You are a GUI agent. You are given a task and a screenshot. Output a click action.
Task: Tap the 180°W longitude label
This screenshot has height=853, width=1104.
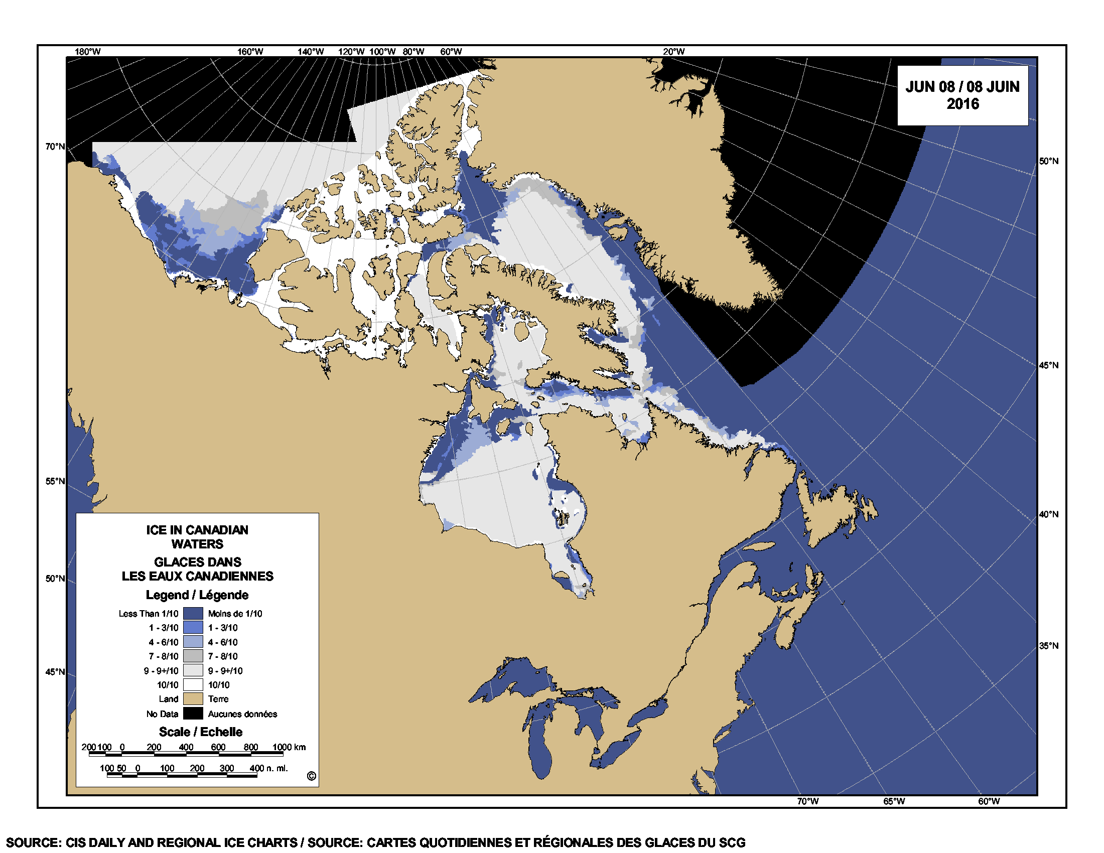coord(87,52)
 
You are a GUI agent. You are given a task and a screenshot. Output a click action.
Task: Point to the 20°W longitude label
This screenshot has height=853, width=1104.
coord(673,52)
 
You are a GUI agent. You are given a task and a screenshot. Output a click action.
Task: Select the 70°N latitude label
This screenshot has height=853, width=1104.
coord(55,147)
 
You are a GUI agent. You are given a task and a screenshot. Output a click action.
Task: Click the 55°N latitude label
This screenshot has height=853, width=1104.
coord(55,481)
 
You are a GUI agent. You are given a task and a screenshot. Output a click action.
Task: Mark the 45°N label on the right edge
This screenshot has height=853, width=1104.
coord(1048,365)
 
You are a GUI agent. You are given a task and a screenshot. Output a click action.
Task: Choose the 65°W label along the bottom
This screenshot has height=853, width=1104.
coord(894,801)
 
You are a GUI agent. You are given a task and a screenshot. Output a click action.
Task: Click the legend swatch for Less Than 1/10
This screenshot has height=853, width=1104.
coord(193,614)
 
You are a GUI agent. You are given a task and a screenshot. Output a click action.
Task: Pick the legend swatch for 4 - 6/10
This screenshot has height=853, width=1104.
coord(193,642)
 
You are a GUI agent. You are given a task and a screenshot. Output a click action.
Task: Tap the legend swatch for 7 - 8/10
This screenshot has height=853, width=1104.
coord(193,656)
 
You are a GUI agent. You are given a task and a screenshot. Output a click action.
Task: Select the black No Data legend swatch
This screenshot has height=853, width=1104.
coord(193,714)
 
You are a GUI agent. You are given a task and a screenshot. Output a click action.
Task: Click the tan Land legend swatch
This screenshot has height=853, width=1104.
coord(193,699)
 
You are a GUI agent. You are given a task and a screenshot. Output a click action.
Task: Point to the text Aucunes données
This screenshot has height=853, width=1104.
coord(242,714)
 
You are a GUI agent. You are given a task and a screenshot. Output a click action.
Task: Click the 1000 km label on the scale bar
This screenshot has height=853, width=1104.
coord(289,747)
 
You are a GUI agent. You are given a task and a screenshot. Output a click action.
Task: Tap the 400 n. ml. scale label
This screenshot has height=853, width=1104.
coord(268,768)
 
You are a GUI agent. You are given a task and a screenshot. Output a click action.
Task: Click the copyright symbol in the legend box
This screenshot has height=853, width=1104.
coord(312,776)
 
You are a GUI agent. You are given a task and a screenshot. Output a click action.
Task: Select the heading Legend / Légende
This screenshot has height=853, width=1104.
coord(197,595)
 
